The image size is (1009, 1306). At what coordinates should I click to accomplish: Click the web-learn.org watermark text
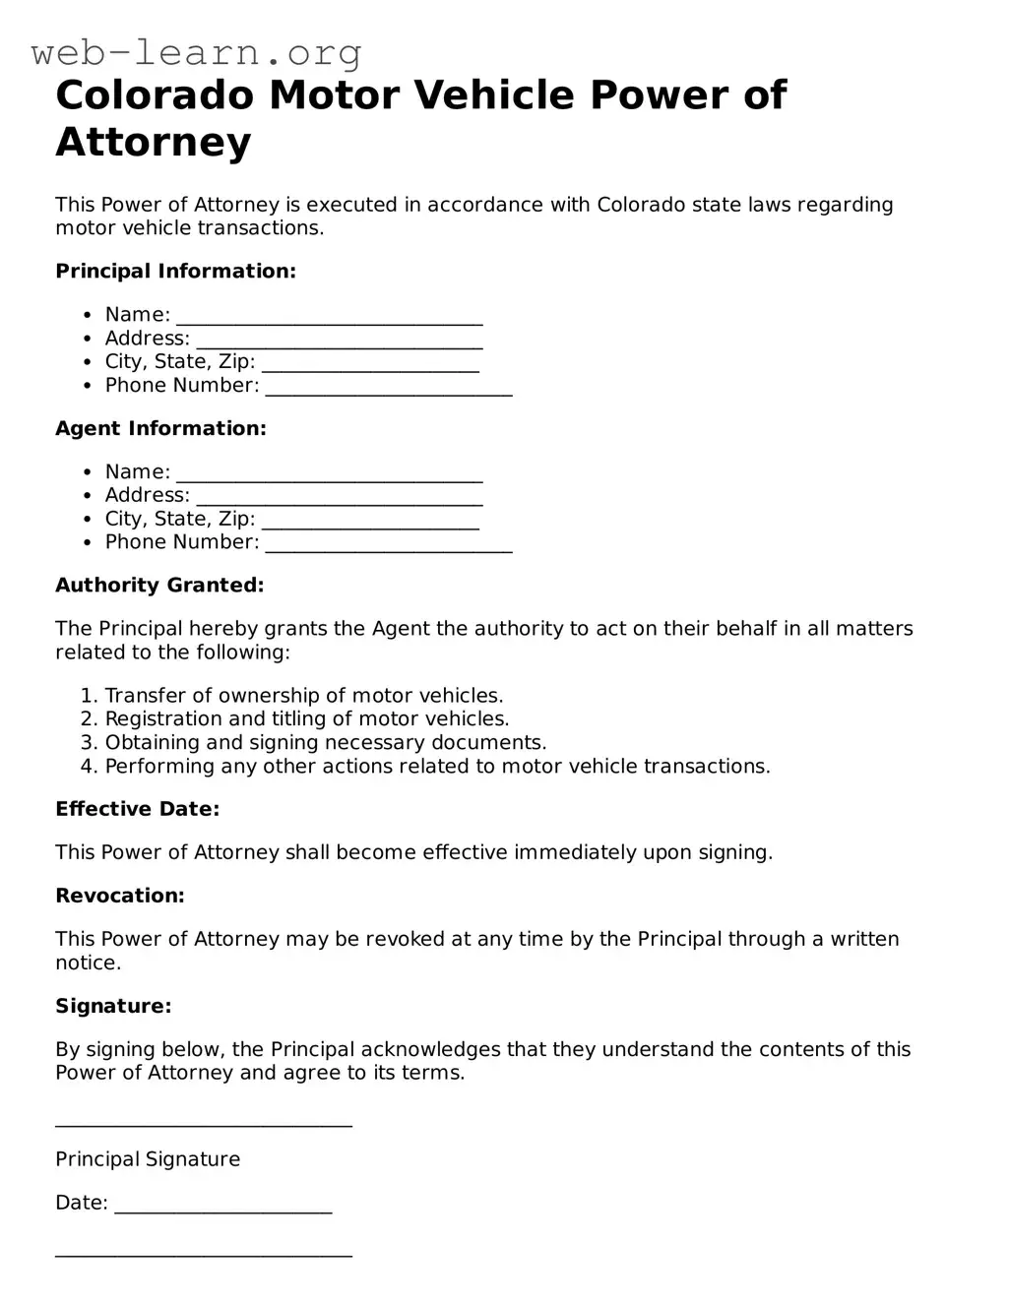(196, 51)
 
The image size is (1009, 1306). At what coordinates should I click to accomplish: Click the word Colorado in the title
(154, 95)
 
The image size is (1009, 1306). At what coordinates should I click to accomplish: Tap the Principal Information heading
(175, 271)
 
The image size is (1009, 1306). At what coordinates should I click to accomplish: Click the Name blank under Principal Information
(329, 317)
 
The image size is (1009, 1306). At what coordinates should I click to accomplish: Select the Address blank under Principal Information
(339, 341)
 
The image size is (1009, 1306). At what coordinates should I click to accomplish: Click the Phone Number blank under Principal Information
(389, 388)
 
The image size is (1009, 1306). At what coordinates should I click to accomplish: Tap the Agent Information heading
(160, 428)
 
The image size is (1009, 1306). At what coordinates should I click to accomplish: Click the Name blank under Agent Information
(329, 474)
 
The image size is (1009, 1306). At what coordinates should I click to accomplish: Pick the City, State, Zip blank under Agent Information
(370, 522)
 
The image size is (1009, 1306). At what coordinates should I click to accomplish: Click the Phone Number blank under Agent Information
(389, 544)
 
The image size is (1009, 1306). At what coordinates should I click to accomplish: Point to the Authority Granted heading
(159, 585)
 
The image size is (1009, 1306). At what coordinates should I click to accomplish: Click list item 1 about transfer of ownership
(303, 696)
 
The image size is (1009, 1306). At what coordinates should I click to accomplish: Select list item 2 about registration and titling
(306, 719)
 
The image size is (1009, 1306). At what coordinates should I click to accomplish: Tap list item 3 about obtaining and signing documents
(325, 743)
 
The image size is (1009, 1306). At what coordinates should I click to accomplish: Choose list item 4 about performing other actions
(437, 767)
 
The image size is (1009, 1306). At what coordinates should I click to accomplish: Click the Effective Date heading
(137, 809)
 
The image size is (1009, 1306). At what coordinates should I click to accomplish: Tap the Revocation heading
(119, 896)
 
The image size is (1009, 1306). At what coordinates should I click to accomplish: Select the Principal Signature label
(148, 1159)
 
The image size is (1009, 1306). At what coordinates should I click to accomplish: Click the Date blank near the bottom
(223, 1206)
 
